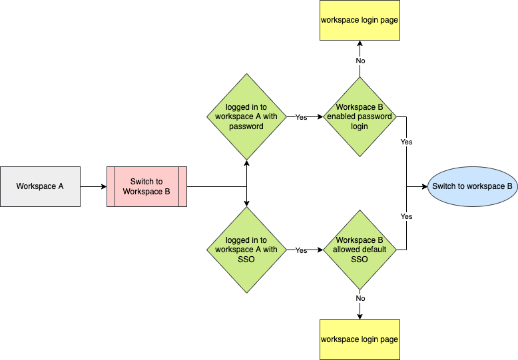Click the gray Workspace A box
coord(40,186)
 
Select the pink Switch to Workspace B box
coord(146,186)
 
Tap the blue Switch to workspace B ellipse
coord(472,186)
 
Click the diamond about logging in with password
coord(246,116)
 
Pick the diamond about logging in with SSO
coord(246,250)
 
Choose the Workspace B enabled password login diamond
coord(360,116)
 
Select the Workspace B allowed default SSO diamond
coord(360,250)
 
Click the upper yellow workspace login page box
coord(360,20)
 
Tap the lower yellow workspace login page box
coord(360,339)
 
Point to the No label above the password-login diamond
coord(360,61)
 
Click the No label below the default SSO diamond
coord(360,298)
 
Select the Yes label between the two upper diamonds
coord(301,117)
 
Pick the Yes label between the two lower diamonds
coord(301,250)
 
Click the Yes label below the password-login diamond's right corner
coord(406,142)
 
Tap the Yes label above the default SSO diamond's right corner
coord(406,216)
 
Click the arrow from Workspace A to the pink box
coord(93,186)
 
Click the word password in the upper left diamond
coord(246,126)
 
